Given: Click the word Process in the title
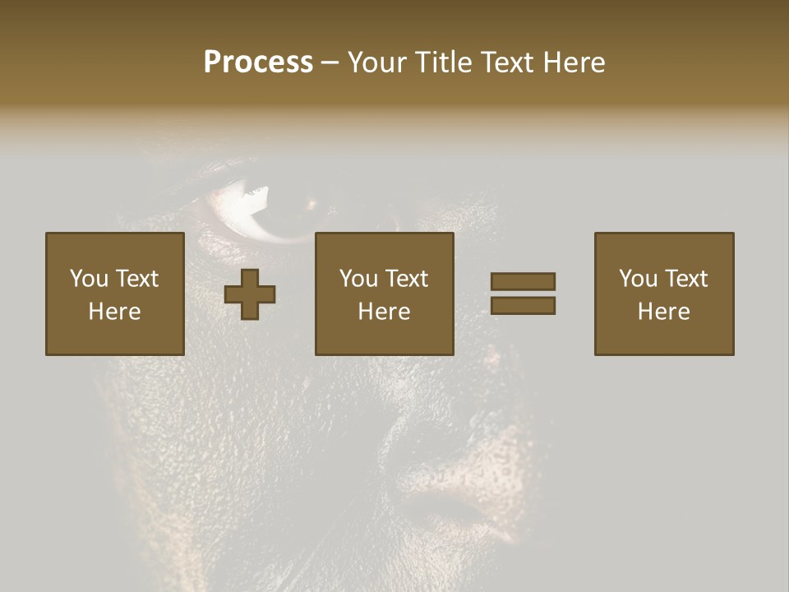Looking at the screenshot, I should click(258, 62).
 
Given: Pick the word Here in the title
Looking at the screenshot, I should click(574, 62).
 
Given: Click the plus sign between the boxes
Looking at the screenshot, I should click(251, 294).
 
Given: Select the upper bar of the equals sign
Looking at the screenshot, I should click(523, 281).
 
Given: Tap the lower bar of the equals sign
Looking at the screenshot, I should click(523, 306).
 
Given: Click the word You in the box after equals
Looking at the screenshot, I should click(638, 279).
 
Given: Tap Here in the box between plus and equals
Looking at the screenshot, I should click(385, 312).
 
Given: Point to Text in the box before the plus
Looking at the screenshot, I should click(136, 279).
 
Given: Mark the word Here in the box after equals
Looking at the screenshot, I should click(664, 312).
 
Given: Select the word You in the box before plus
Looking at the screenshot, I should click(89, 279).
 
